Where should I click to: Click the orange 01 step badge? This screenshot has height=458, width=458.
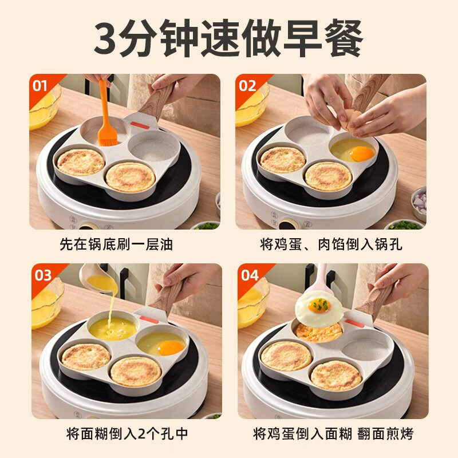(40, 86)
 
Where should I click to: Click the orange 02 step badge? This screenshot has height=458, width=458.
(247, 86)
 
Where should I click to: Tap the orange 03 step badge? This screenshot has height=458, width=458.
(43, 275)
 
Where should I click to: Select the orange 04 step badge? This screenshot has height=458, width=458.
(250, 275)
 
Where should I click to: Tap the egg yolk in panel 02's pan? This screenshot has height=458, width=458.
(361, 153)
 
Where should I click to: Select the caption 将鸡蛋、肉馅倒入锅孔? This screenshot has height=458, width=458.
(331, 244)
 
